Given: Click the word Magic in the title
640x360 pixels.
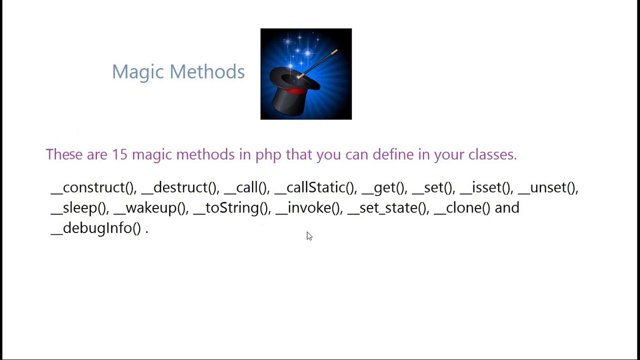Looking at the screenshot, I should tap(138, 72).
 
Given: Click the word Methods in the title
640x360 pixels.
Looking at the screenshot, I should tap(207, 72).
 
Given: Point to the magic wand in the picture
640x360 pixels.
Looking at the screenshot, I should tap(320, 62).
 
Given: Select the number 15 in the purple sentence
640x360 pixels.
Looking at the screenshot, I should tap(119, 154).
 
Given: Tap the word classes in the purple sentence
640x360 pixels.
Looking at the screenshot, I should tap(492, 154).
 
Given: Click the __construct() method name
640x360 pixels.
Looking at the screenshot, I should tap(93, 187).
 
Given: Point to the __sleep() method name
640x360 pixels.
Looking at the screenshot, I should tap(79, 208).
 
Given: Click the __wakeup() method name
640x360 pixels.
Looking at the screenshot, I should tap(150, 208).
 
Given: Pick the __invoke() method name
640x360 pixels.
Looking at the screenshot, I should tap(308, 208).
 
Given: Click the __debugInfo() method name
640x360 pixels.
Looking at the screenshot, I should tap(96, 228).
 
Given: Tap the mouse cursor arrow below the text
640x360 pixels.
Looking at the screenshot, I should tap(309, 236).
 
